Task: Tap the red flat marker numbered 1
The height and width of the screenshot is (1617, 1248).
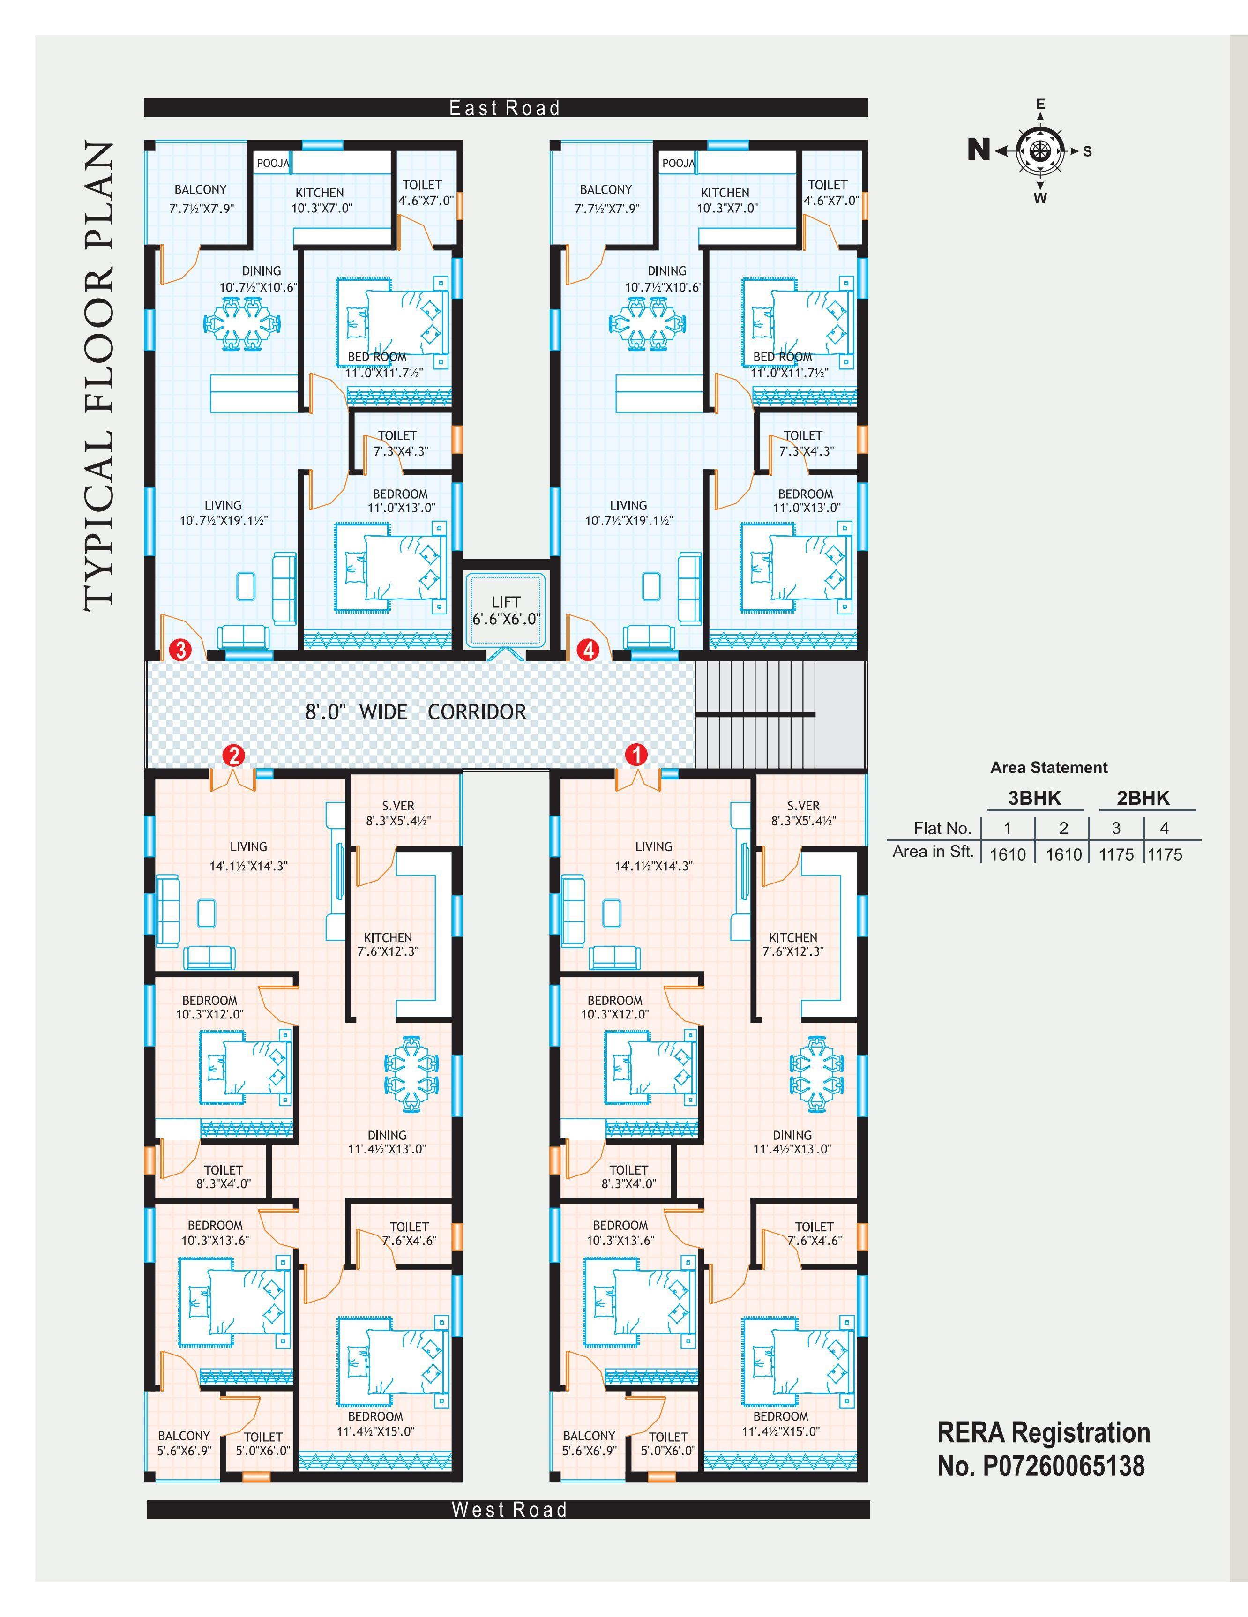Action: (x=636, y=755)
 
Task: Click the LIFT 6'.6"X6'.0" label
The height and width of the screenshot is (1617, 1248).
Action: (x=506, y=610)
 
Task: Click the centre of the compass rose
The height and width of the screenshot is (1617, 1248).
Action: (x=1040, y=150)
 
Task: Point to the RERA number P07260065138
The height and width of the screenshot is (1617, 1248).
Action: (x=1064, y=1465)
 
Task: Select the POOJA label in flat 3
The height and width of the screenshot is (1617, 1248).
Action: (x=272, y=163)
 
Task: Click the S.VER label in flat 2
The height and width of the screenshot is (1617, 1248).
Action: (x=398, y=806)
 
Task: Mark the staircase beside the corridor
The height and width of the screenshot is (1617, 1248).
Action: (x=779, y=714)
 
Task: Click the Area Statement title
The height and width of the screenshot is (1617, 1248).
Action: (x=1049, y=768)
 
